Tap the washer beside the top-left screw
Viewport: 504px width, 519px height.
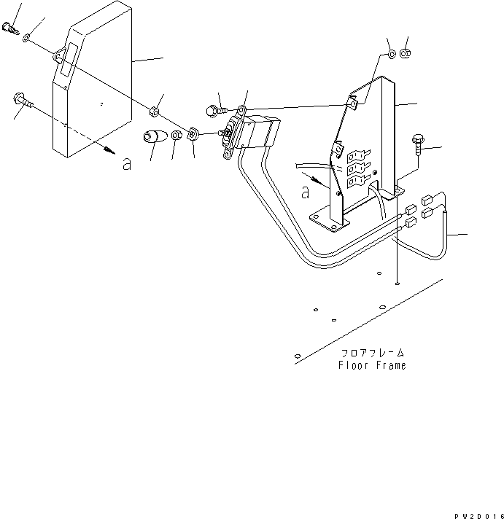[x=27, y=38]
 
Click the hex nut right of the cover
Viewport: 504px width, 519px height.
[x=153, y=112]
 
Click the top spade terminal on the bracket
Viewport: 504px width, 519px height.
[x=358, y=155]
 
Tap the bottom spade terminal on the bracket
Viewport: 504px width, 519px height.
[x=358, y=180]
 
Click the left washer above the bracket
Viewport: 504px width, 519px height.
[x=392, y=55]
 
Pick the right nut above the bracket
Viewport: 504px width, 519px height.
[x=406, y=54]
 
